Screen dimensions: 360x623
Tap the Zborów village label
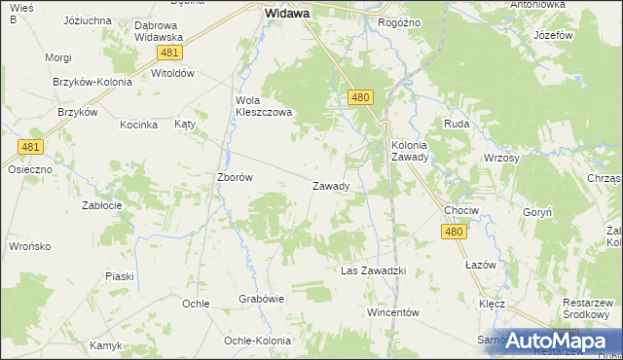235,177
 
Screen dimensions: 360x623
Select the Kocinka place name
138,125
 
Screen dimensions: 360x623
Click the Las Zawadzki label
372,270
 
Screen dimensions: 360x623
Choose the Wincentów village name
392,312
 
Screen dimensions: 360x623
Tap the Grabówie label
261,300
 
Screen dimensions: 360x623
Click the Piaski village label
119,276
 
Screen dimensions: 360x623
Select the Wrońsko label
29,246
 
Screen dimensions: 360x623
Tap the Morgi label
58,57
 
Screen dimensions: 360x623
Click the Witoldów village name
173,73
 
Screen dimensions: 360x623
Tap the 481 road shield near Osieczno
30,147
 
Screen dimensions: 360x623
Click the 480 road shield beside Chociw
454,232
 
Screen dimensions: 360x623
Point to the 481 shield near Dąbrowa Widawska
170,53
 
